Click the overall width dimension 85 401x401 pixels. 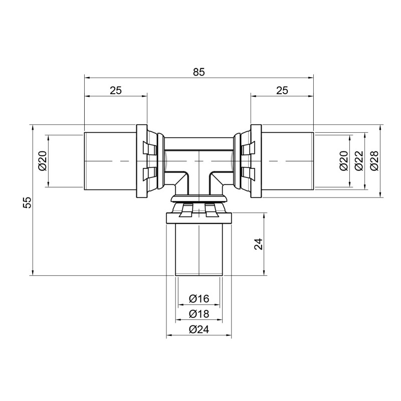click(199, 72)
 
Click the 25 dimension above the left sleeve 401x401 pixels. click(116, 90)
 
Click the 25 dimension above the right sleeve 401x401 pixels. click(282, 90)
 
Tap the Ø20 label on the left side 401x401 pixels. click(42, 160)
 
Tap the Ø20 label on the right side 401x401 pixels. click(344, 160)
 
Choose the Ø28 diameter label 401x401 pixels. click(373, 160)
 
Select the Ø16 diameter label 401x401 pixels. click(199, 299)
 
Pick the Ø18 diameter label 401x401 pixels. click(199, 314)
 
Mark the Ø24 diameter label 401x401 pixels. click(199, 329)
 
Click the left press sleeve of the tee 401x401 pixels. click(110, 160)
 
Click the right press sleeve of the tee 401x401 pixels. click(288, 160)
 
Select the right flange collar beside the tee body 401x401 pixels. click(256, 160)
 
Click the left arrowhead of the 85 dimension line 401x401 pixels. click(86, 78)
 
